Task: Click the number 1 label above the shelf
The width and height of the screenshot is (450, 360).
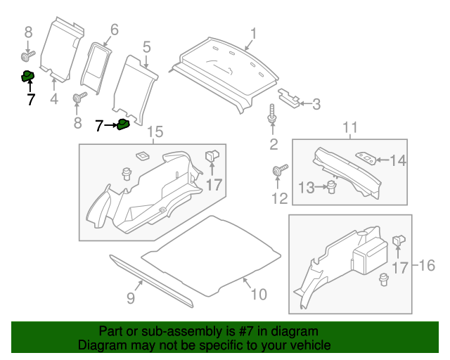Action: (x=253, y=33)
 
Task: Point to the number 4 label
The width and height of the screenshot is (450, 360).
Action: (x=54, y=99)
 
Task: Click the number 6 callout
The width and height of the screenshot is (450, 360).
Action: (x=114, y=30)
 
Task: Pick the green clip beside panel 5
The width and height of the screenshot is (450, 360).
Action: (x=123, y=125)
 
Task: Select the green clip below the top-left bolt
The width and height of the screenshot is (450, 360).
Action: (x=28, y=77)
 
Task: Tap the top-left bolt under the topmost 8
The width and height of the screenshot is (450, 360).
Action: (x=28, y=53)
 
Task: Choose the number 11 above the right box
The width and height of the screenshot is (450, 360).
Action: (x=350, y=127)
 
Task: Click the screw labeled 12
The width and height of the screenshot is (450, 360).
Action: (x=280, y=170)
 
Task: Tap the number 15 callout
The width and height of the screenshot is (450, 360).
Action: (x=155, y=132)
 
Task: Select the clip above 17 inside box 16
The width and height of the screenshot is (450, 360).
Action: (x=399, y=240)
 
